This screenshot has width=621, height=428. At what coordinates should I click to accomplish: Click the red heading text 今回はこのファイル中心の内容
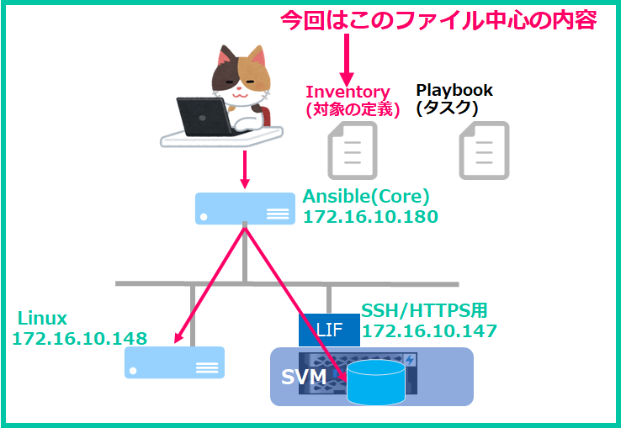[438, 20]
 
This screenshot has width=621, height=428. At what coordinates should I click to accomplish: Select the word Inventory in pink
[348, 92]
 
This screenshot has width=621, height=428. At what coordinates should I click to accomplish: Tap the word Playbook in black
[454, 91]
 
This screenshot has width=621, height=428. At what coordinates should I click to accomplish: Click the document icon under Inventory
[352, 151]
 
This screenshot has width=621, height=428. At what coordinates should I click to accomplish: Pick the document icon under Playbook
[484, 151]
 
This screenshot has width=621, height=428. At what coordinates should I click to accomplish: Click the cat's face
[241, 81]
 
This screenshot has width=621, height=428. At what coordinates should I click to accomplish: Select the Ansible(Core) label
[366, 197]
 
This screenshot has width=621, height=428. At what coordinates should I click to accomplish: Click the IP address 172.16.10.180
[370, 217]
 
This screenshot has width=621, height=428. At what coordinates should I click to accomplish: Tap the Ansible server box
[245, 209]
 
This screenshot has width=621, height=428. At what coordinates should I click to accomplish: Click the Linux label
[42, 319]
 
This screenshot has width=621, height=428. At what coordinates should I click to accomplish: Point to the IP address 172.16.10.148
[80, 339]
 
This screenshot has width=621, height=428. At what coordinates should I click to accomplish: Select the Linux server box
[175, 362]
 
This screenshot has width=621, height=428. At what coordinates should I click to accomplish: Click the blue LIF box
[329, 330]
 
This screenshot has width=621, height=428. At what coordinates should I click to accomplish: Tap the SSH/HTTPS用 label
[424, 311]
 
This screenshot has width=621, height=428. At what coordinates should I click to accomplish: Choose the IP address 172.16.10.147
[429, 331]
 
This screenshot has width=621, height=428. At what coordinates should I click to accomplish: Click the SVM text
[304, 378]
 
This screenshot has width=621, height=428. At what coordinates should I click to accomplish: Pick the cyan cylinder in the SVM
[376, 382]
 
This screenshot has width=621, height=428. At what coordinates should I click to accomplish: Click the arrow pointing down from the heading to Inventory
[347, 61]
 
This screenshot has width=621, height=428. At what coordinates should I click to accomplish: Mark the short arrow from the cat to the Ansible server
[245, 170]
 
